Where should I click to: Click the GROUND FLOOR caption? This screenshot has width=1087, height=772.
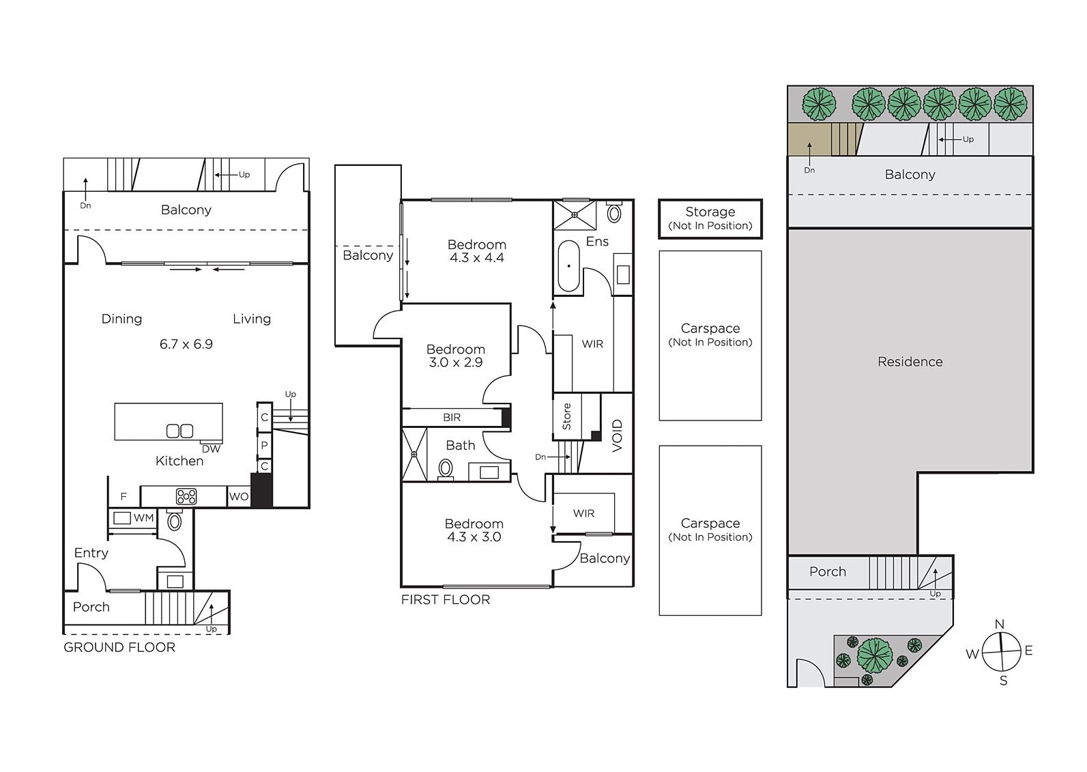click(x=119, y=647)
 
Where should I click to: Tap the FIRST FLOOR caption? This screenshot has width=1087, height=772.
click(x=446, y=599)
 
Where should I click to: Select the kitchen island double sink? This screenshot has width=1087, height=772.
click(x=179, y=431)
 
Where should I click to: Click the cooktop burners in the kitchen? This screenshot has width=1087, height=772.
click(x=186, y=496)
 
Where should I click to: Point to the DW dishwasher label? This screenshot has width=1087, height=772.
click(x=211, y=449)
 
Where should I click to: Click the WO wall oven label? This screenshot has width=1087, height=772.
click(x=239, y=497)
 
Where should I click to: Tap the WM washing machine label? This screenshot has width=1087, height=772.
click(x=144, y=518)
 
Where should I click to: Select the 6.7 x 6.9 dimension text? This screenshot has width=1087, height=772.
click(x=186, y=344)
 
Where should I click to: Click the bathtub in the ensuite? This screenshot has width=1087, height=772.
click(x=568, y=266)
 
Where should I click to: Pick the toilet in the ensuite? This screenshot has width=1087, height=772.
click(x=614, y=212)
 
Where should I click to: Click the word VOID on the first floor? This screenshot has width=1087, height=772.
click(x=617, y=436)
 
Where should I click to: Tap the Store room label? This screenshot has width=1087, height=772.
click(x=566, y=416)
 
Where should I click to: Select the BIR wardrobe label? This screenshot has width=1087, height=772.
click(x=452, y=417)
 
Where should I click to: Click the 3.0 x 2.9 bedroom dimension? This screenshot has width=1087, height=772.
click(x=456, y=362)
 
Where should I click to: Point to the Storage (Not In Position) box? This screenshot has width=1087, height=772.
click(x=710, y=219)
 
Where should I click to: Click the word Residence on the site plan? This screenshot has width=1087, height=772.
click(x=910, y=362)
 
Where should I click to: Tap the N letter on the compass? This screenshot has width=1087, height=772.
click(x=1000, y=625)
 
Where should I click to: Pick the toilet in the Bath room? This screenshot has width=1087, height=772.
click(x=446, y=470)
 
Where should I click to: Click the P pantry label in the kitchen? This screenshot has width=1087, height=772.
click(x=265, y=445)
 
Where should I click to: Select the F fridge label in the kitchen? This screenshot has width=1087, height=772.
click(x=124, y=497)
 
